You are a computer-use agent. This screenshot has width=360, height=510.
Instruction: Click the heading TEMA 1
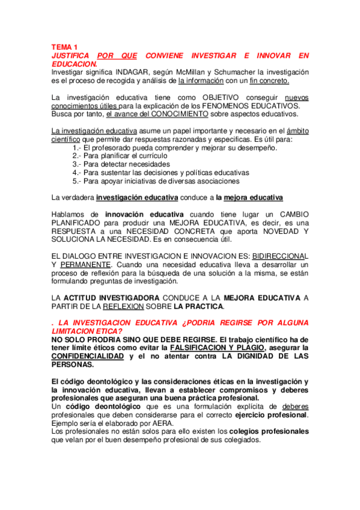click(x=64, y=48)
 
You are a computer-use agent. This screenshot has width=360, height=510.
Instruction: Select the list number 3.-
click(x=76, y=164)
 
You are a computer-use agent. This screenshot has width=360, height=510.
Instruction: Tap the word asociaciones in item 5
click(x=213, y=180)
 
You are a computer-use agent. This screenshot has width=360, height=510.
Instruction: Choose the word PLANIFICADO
click(x=78, y=223)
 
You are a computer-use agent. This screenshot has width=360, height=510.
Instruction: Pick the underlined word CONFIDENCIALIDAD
click(x=88, y=356)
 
